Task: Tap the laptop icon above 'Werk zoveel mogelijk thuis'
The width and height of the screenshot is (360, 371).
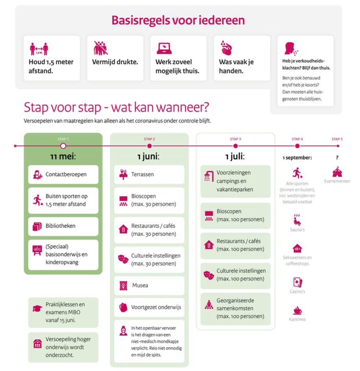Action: click(x=164, y=48)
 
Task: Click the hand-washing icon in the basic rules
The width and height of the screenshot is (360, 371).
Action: click(x=225, y=47)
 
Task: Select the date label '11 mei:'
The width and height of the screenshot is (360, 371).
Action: click(x=63, y=158)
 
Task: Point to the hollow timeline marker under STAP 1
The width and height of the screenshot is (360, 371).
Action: click(x=63, y=146)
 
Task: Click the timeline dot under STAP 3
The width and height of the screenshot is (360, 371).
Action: click(x=235, y=146)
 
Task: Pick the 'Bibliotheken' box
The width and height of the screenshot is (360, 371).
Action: click(x=63, y=226)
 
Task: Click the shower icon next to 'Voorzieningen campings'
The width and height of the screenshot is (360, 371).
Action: click(x=208, y=176)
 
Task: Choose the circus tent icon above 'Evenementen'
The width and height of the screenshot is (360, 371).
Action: click(x=337, y=172)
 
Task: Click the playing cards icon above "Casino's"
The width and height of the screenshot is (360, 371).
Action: click(x=297, y=282)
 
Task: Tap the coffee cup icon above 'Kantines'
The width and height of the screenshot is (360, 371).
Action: click(x=297, y=310)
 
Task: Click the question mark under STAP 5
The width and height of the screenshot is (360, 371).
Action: click(x=337, y=158)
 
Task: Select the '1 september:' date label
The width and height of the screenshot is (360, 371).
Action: click(x=297, y=158)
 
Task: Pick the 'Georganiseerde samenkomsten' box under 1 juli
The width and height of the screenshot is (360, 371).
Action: click(x=235, y=308)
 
